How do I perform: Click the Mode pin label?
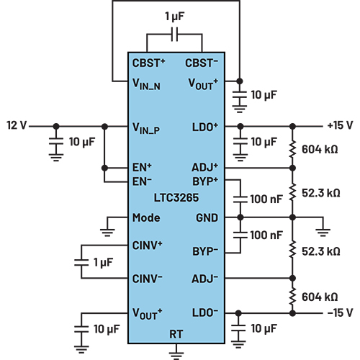(146, 217)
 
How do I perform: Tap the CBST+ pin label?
(150, 62)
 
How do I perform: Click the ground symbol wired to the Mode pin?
(107, 230)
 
